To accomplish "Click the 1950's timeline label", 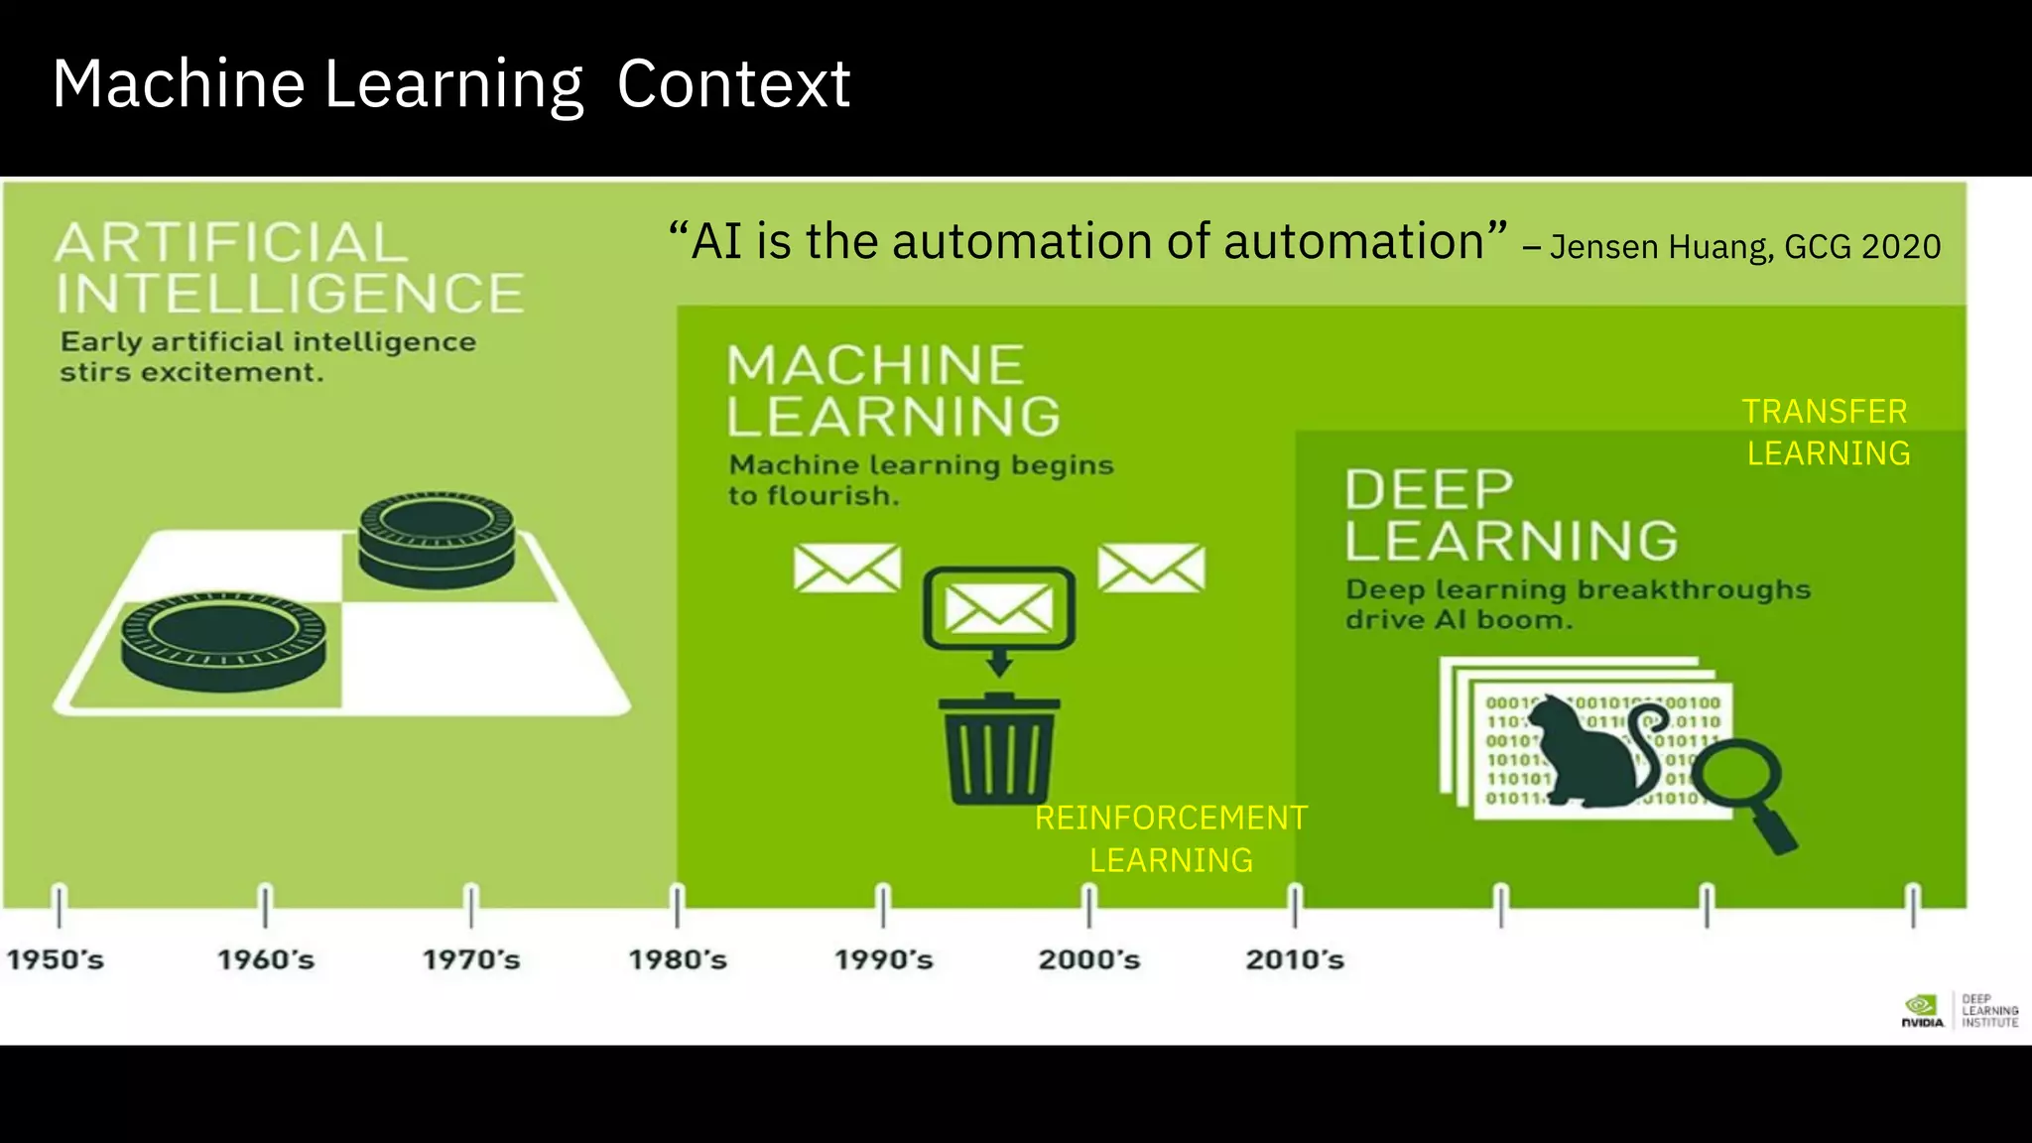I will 56,959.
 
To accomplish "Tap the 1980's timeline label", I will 678,959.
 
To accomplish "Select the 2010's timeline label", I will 1295,959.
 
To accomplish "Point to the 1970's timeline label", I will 471,959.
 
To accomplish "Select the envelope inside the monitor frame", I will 998,608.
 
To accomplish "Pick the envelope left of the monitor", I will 847,569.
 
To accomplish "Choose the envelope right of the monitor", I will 1151,569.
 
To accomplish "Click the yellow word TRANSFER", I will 1825,412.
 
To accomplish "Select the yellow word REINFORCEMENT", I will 1171,819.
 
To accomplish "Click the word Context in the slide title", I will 733,84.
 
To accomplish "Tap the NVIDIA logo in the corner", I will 1922,1010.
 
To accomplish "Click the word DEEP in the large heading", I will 1429,490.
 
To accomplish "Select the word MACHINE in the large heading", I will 875,365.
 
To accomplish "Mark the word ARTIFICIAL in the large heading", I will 231,243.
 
